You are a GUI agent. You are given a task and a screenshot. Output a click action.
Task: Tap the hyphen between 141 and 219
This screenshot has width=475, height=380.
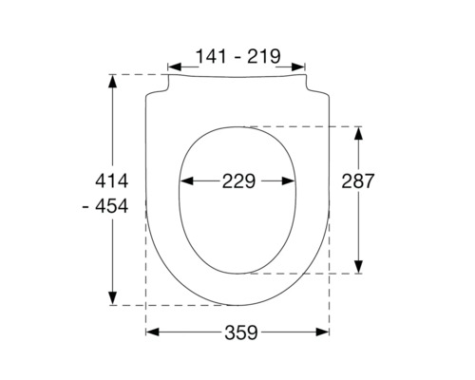236,57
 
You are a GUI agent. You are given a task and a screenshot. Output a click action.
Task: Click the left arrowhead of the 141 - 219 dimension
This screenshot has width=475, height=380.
172,67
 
